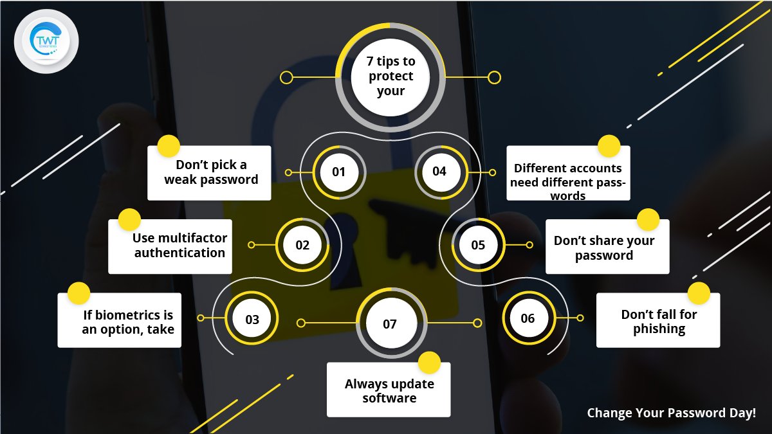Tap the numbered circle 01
339,172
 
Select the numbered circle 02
302,245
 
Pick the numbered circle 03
252,319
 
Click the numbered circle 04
439,172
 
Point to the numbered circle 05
478,245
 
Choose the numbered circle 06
528,319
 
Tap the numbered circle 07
390,323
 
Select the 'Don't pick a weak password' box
210,172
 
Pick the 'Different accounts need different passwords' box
568,174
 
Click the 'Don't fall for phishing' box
658,320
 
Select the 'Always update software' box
389,390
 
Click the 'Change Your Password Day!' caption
672,413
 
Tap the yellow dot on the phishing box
699,293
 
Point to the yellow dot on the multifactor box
129,219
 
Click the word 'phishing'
659,329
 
